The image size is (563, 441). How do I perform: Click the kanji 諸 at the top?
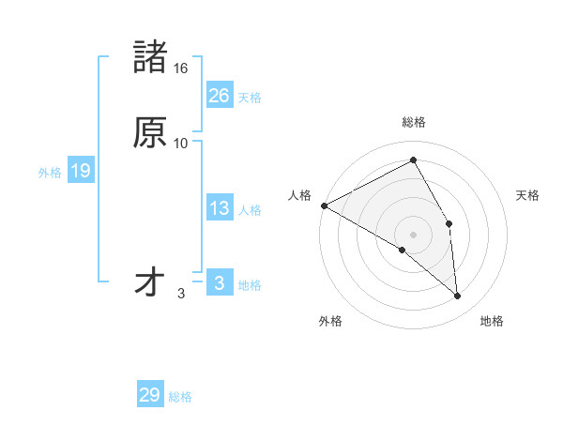[150, 56]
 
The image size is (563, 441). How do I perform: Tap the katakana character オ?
[150, 281]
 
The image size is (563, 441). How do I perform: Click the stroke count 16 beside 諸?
[180, 68]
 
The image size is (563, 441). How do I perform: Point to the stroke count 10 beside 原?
[180, 144]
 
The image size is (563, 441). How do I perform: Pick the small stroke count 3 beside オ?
[181, 294]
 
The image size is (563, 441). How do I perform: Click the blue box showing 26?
[220, 95]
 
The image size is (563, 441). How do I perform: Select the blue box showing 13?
[220, 208]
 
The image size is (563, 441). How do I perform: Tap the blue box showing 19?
[81, 171]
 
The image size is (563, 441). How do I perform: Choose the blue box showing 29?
[150, 395]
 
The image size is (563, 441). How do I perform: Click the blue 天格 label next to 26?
[250, 98]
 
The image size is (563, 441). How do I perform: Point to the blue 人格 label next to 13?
[250, 210]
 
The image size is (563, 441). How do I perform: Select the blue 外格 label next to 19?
[50, 173]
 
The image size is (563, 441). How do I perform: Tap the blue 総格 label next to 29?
[180, 397]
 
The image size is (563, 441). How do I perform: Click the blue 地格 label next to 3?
[250, 285]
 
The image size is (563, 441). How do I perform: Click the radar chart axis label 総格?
[414, 122]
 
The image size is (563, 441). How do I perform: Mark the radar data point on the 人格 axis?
[324, 205]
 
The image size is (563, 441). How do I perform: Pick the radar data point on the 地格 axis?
[458, 297]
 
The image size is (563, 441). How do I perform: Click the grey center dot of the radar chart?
[414, 234]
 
